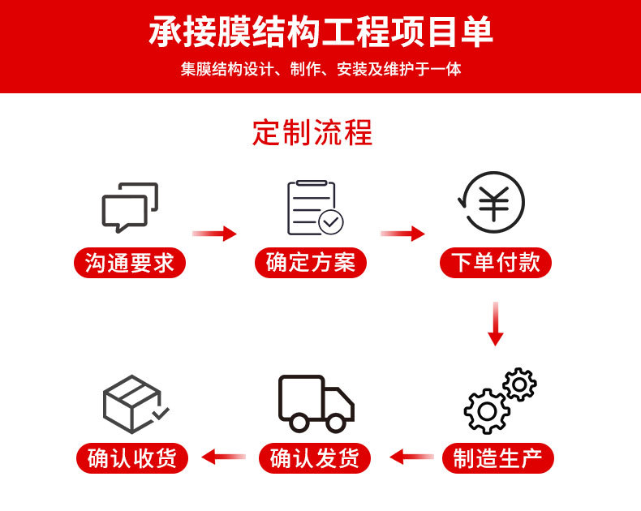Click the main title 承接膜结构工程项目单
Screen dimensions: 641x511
click(x=320, y=32)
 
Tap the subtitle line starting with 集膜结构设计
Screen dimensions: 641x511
click(x=320, y=70)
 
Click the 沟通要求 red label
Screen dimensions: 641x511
click(x=130, y=263)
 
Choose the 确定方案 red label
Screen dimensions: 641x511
click(x=311, y=263)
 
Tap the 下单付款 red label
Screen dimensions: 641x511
click(x=495, y=263)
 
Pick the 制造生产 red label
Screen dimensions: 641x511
click(x=497, y=458)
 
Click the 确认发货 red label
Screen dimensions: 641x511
click(x=314, y=458)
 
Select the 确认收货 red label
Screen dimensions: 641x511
click(x=131, y=458)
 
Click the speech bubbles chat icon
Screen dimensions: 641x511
click(x=130, y=207)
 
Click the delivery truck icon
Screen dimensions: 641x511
click(x=316, y=403)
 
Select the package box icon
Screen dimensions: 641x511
click(x=134, y=403)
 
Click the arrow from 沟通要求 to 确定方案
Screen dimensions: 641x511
click(x=214, y=234)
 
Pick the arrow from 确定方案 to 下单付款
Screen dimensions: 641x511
click(x=402, y=234)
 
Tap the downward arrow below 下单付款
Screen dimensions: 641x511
click(x=496, y=324)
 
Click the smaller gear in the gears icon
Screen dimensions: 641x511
click(x=518, y=384)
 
